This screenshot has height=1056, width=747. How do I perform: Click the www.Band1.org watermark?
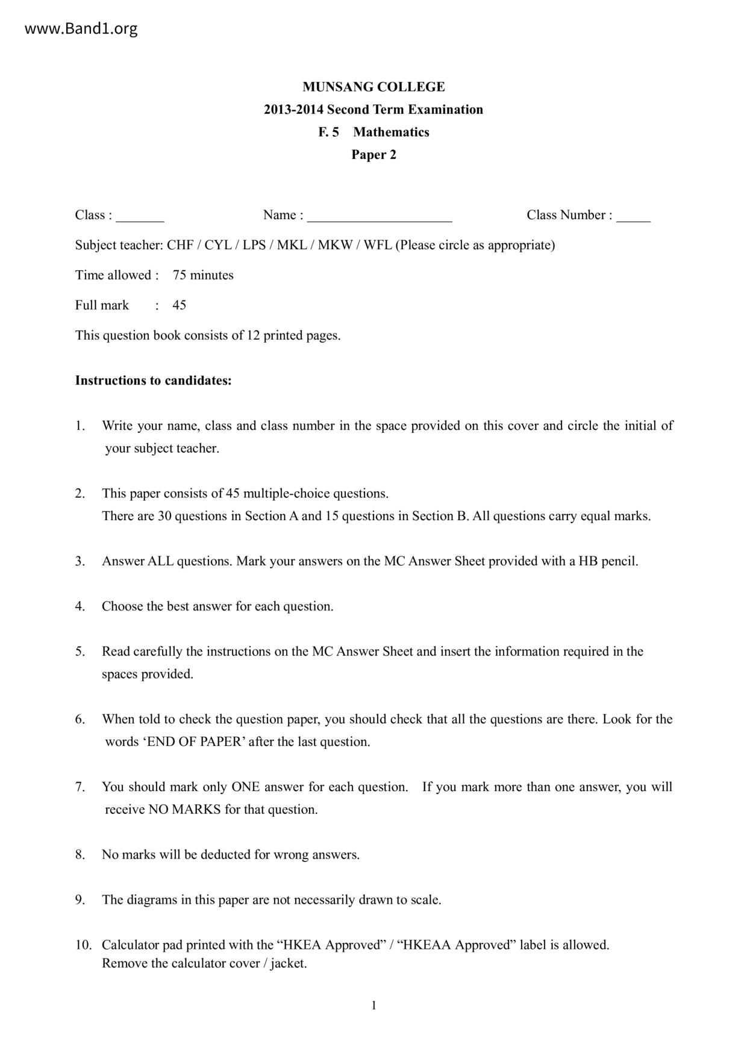(81, 28)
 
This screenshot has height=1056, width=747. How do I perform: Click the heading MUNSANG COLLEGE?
(373, 87)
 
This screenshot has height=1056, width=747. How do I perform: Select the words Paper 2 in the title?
(373, 155)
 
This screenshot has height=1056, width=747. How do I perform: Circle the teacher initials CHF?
(180, 245)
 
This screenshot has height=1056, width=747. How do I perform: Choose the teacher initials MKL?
(292, 245)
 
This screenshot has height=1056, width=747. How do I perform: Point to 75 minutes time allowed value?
(203, 275)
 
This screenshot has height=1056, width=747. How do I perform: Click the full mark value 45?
(180, 305)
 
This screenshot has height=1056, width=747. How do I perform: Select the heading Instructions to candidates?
(153, 380)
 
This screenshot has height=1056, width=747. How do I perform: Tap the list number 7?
(80, 787)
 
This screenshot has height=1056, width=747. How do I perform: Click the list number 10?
(83, 945)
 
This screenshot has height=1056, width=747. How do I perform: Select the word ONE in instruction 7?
(245, 787)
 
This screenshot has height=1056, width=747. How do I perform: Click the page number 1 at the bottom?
(373, 1005)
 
